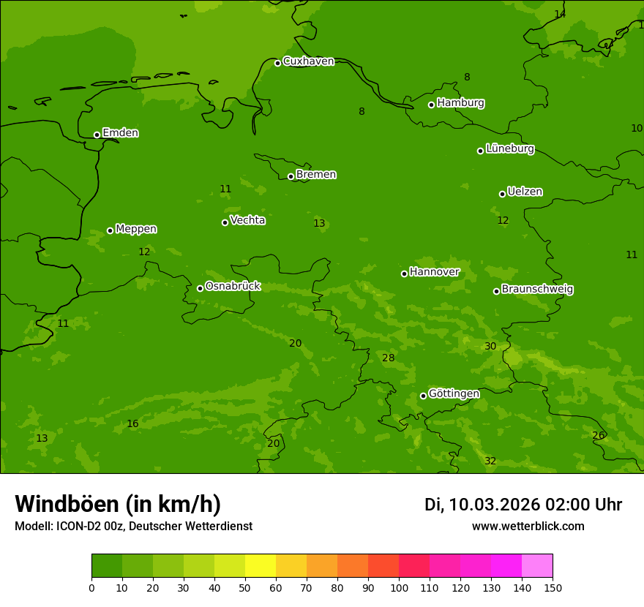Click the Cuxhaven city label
308,61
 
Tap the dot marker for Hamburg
432,105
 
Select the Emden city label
120,133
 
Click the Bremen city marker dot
291,176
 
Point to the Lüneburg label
510,149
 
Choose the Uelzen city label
525,192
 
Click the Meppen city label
136,230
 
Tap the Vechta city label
247,221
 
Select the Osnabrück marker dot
200,288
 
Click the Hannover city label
434,272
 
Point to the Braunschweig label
537,290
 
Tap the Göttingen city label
454,394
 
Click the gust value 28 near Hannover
388,358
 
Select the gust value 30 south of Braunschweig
490,346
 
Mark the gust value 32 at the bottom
490,461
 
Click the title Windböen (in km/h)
118,504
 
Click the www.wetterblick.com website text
528,527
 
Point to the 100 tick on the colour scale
399,587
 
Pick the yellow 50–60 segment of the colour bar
261,565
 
